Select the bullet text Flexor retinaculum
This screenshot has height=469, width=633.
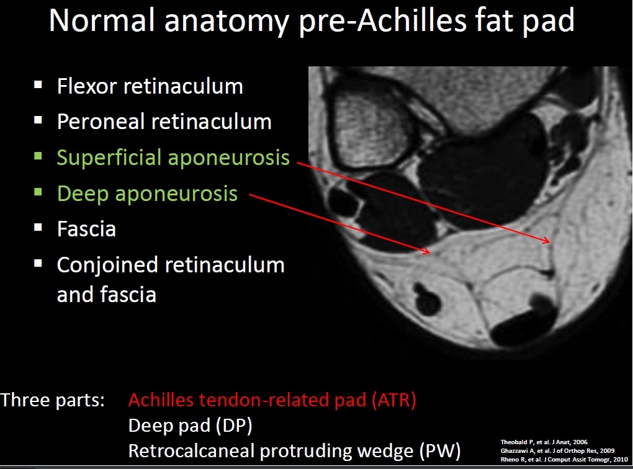(x=150, y=86)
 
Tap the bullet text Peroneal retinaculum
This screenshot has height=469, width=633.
(x=164, y=122)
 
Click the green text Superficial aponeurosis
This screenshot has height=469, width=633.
(x=173, y=158)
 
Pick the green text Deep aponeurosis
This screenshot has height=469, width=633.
(x=147, y=194)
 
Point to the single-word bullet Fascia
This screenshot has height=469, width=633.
(x=86, y=229)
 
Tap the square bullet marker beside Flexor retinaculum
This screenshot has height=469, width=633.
(x=38, y=84)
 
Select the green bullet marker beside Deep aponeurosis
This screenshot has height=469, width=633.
(x=38, y=192)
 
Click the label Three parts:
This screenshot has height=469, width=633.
(x=53, y=400)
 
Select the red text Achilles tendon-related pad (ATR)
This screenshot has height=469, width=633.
(x=272, y=400)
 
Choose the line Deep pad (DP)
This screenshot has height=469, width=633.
(x=190, y=426)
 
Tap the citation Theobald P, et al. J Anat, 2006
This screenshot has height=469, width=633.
(x=544, y=442)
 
